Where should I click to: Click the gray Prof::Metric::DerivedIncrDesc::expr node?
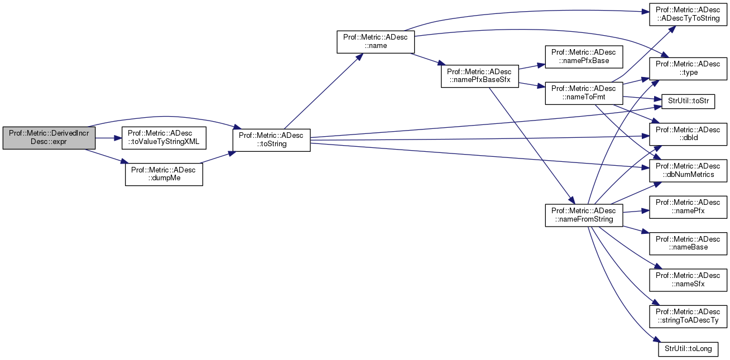pyautogui.click(x=49, y=137)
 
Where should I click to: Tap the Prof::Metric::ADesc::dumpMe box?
pyautogui.click(x=164, y=175)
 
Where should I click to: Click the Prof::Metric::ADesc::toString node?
pyautogui.click(x=271, y=140)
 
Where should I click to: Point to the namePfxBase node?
pyautogui.click(x=584, y=56)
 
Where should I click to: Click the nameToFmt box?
pyautogui.click(x=584, y=93)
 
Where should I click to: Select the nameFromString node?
pyautogui.click(x=584, y=215)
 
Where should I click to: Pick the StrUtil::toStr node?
pyautogui.click(x=688, y=101)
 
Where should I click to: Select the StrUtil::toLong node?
pyautogui.click(x=688, y=349)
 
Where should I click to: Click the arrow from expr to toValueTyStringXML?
pyautogui.click(x=109, y=137)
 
